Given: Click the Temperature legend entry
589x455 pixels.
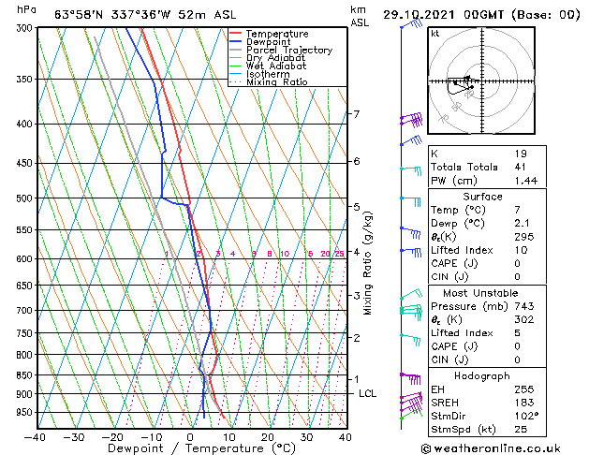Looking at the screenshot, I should pos(277,34).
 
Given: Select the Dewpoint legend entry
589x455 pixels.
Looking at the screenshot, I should pos(270,42).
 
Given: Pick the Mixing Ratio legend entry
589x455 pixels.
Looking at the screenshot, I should pos(276,82).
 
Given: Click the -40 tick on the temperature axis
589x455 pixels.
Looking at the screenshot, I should pos(36,436).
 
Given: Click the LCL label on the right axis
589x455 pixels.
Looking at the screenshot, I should pos(367,393).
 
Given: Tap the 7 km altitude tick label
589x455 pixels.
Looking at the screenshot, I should pos(356,114).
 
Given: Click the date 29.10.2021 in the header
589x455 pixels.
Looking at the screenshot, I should pos(422,14).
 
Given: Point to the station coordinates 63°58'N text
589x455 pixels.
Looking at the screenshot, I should pos(79,14).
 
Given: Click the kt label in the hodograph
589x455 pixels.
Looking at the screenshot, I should pos(435,33).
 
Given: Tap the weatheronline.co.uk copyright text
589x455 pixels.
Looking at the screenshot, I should pos(503,447).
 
